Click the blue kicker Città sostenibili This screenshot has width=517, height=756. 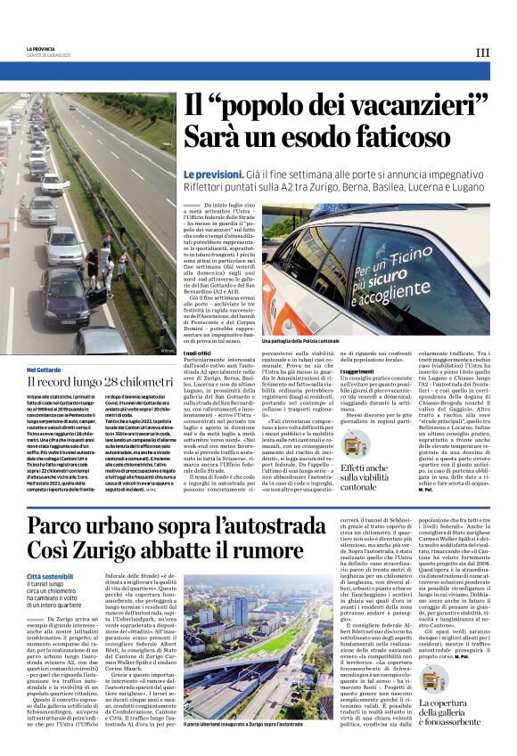pyautogui.click(x=51, y=578)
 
